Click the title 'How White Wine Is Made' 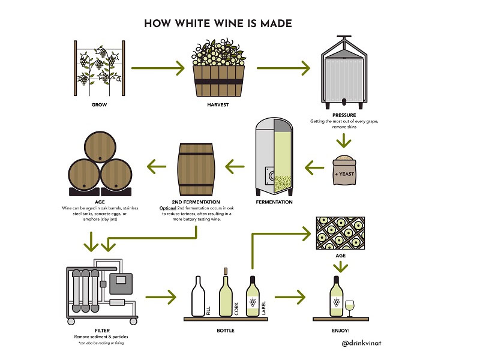tap(218, 23)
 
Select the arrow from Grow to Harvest tap(158, 68)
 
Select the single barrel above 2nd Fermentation tap(194, 166)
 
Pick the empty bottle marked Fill tap(197, 297)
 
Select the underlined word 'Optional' tap(167, 208)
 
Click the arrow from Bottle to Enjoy tap(295, 296)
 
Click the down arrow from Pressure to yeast tap(343, 140)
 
